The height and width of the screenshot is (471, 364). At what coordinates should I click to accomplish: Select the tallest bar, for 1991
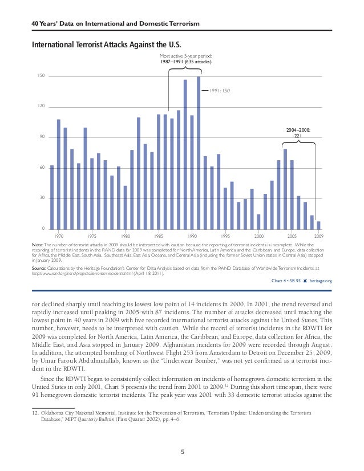pyautogui.click(x=199, y=152)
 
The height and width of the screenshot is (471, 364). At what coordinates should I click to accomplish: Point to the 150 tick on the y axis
pyautogui.click(x=42, y=76)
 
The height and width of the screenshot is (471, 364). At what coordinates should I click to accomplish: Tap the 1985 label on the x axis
pyautogui.click(x=159, y=235)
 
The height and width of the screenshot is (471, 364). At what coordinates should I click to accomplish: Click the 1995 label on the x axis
pyautogui.click(x=225, y=235)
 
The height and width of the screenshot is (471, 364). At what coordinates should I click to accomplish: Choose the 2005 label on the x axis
pyautogui.click(x=292, y=235)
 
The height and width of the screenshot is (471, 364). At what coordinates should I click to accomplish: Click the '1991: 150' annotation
pyautogui.click(x=220, y=90)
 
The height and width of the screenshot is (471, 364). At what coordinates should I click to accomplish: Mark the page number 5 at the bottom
pyautogui.click(x=182, y=452)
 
